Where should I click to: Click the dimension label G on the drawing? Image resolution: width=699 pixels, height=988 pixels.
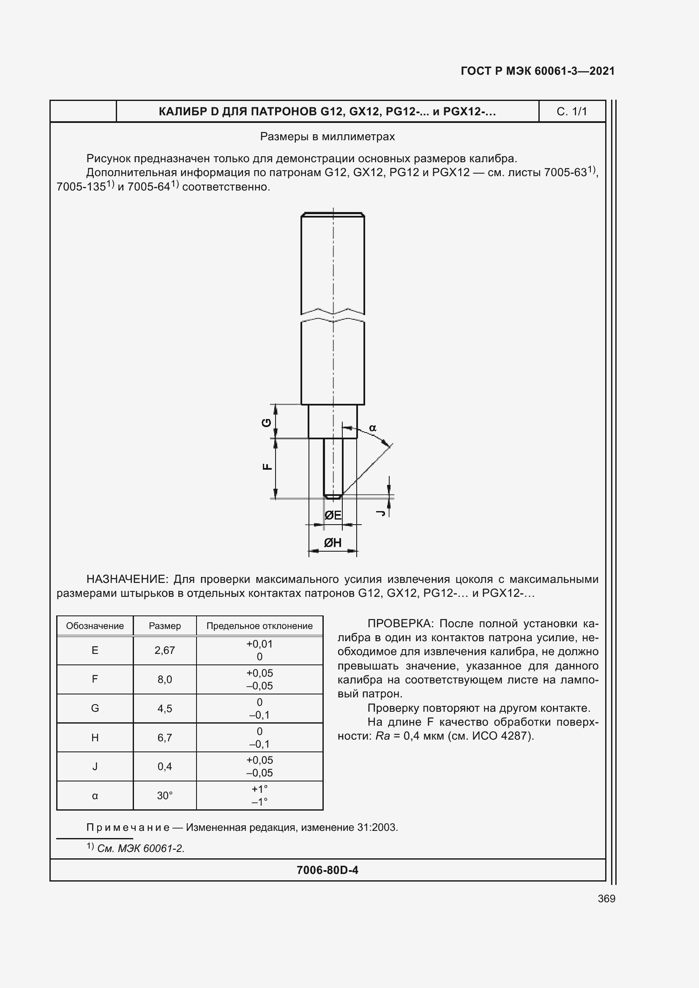(267, 422)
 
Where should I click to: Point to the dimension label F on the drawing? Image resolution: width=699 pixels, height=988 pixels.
(267, 466)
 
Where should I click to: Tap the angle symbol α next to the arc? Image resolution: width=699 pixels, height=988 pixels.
(373, 428)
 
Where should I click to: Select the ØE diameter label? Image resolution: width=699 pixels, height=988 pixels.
(333, 515)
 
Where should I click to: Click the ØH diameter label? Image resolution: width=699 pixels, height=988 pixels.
(333, 543)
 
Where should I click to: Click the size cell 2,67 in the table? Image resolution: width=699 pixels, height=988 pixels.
(165, 650)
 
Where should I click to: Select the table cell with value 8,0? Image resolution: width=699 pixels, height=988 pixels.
(165, 680)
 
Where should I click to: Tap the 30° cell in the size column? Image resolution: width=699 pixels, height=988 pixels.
(165, 796)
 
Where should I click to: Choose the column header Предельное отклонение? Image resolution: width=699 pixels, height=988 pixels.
(259, 626)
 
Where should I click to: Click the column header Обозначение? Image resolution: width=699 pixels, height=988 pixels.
(95, 626)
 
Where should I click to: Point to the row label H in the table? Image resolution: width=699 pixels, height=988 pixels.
(95, 738)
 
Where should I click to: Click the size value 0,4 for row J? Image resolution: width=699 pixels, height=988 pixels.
(165, 766)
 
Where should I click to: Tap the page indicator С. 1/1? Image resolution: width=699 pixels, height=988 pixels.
(572, 112)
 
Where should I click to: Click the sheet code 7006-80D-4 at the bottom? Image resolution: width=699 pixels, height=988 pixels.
(327, 870)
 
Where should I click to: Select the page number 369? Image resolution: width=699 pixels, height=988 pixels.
(606, 898)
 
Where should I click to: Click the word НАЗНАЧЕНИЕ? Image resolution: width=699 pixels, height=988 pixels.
(126, 579)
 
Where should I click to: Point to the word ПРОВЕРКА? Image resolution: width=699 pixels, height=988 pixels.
(400, 623)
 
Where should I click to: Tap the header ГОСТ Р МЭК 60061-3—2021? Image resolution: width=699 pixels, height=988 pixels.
(538, 71)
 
